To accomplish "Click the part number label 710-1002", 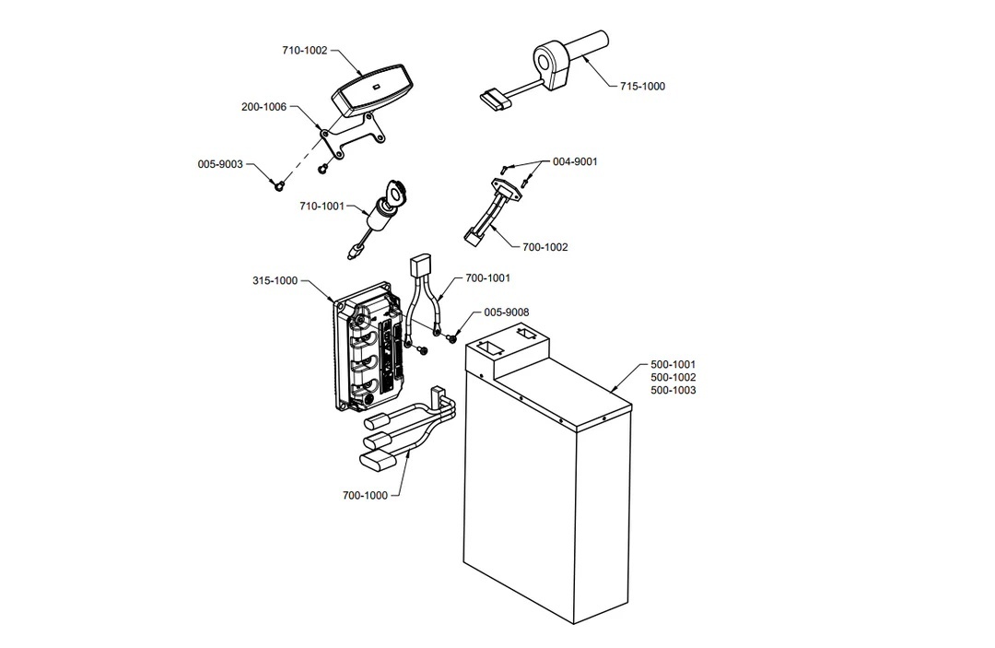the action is point(305,51).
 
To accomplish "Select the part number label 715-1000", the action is point(642,87).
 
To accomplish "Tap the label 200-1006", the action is point(264,107).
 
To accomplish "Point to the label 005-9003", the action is point(220,164).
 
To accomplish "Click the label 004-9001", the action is point(575,162).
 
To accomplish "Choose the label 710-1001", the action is point(322,206).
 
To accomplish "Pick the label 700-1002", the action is point(545,248).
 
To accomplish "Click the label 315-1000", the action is point(275,280).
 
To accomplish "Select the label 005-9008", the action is point(507,312).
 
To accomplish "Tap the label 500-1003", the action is point(673,390).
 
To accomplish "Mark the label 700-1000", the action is point(365,496).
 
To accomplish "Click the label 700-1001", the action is point(487,278).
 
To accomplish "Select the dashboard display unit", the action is point(371,90).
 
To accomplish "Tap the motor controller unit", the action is point(368,348).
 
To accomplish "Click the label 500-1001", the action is point(673,365).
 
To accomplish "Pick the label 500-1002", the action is point(673,378).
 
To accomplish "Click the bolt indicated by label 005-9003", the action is point(278,185).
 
